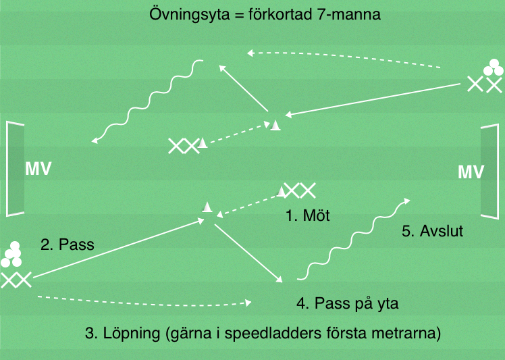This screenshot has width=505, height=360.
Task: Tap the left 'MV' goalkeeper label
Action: click(38, 168)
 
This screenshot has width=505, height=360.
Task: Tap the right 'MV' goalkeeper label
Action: click(471, 172)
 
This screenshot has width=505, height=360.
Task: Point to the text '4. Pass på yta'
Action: click(348, 303)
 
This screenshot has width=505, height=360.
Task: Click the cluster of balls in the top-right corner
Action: click(491, 68)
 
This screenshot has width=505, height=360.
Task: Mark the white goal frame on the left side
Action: click(15, 168)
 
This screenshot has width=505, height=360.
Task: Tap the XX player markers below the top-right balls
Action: click(484, 85)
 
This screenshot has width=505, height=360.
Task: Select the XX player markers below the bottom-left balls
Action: click(16, 279)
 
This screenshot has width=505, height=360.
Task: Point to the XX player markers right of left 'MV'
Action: click(184, 145)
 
